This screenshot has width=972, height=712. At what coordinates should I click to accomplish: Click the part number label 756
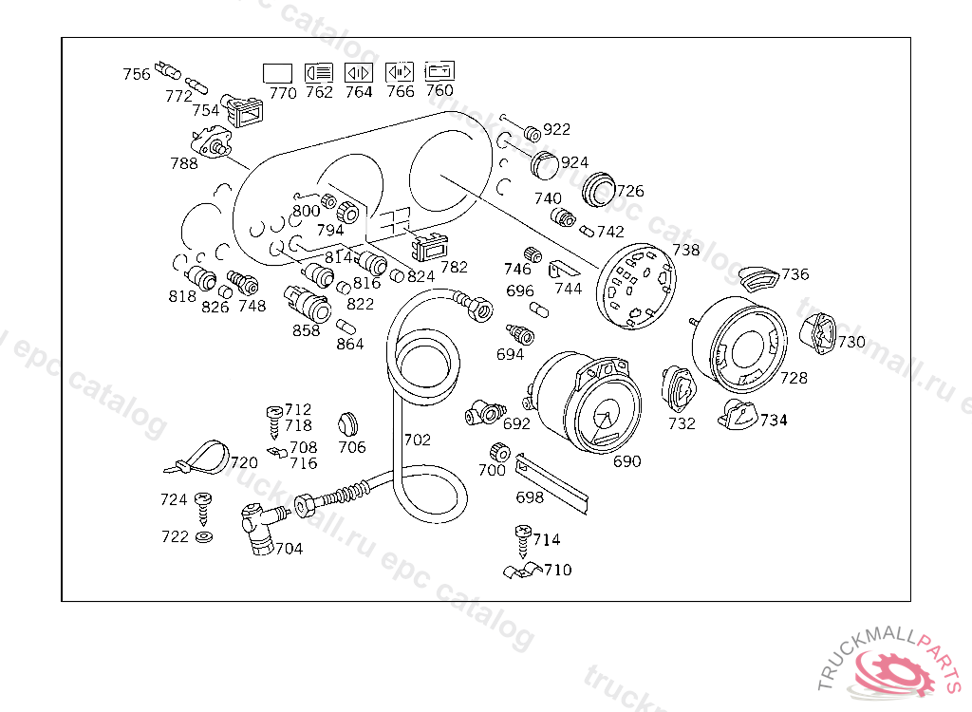coord(137,74)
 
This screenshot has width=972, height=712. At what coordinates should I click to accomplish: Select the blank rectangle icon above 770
coord(277,73)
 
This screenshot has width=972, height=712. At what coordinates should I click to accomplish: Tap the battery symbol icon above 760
coord(439,70)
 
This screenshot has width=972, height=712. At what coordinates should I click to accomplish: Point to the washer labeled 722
coord(203,536)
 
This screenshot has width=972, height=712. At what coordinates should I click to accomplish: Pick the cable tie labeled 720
coord(197,458)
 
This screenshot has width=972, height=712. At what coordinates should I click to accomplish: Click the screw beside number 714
coord(523,542)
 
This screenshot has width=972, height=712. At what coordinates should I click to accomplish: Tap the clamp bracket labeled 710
coord(522,571)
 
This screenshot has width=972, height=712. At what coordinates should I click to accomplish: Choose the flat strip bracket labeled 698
coord(551,483)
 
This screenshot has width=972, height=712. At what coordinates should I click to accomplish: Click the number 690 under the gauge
coord(626,461)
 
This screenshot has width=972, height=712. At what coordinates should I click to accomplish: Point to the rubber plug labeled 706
coord(348,425)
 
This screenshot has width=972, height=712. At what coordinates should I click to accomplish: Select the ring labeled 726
coord(598,189)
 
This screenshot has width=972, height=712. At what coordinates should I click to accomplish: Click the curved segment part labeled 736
coord(759,278)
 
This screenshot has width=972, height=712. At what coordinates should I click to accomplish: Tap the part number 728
coord(794,378)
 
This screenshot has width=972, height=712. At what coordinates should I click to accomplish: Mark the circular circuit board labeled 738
coord(635,286)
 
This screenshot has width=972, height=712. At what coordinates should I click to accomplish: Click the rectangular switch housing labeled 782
coord(430,248)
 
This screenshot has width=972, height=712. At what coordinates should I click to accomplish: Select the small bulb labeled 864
coord(346,327)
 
